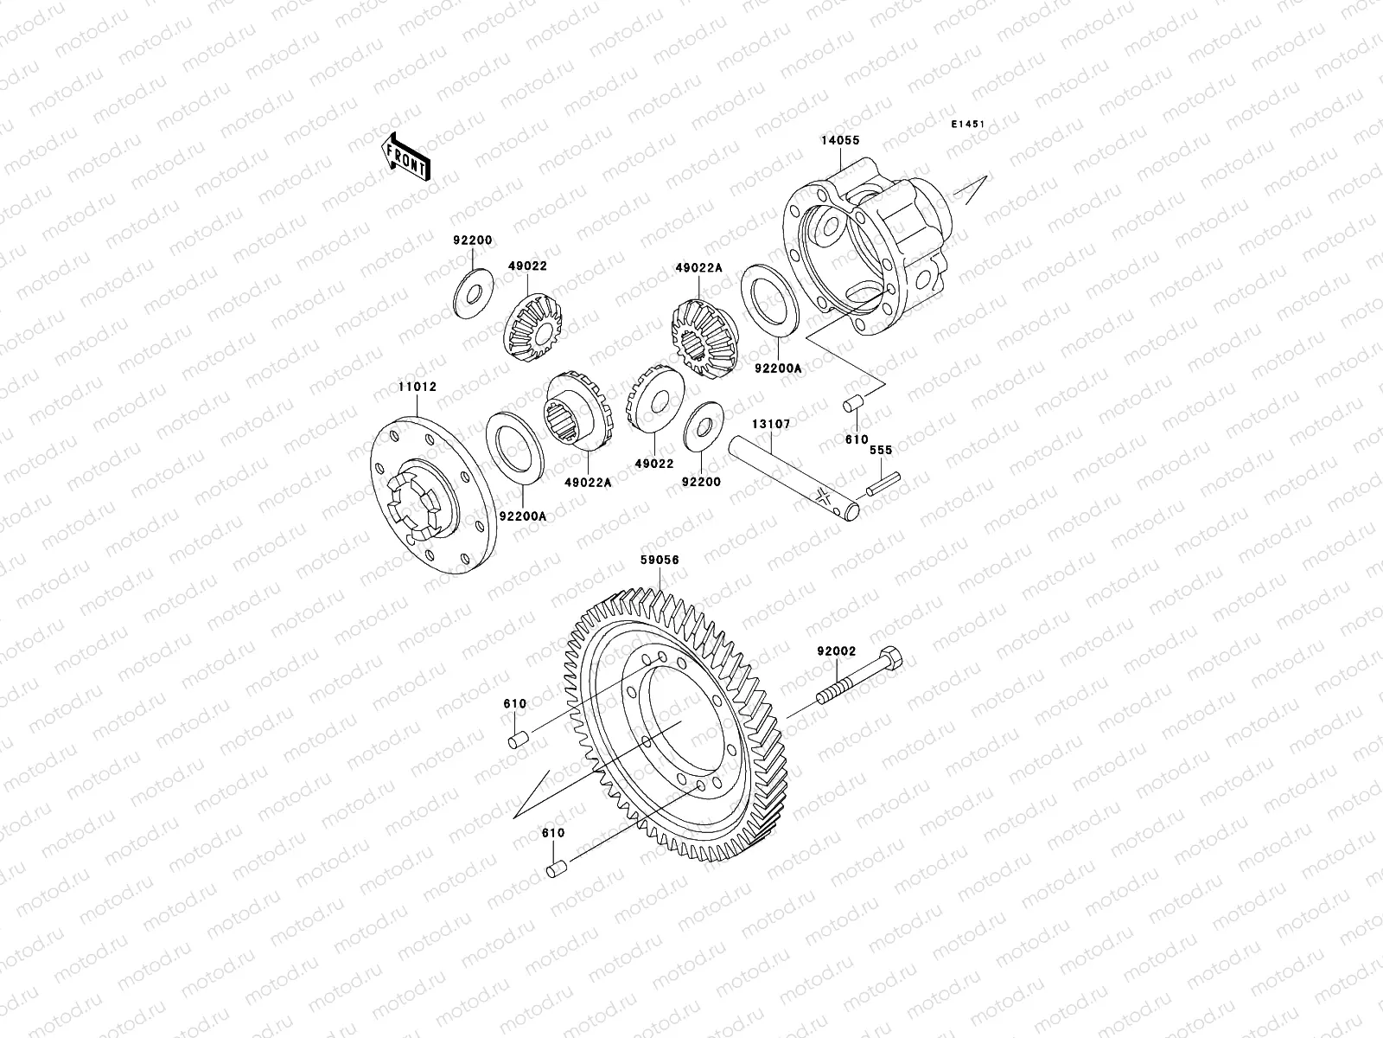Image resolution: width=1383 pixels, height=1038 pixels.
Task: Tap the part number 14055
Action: pos(839,140)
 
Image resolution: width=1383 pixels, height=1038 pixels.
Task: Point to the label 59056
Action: pos(660,561)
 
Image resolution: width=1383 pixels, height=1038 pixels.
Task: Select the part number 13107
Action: pos(770,425)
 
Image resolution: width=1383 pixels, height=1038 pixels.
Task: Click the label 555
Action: pos(880,451)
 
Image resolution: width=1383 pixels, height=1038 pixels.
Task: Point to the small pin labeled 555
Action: pos(885,481)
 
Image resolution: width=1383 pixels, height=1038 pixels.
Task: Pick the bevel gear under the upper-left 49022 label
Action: pos(532,327)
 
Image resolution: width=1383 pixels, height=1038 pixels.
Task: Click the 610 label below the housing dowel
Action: pos(857,439)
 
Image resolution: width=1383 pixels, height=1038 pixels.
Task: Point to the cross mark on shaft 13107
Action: pos(822,497)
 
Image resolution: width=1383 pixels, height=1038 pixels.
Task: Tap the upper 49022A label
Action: pos(698,268)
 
